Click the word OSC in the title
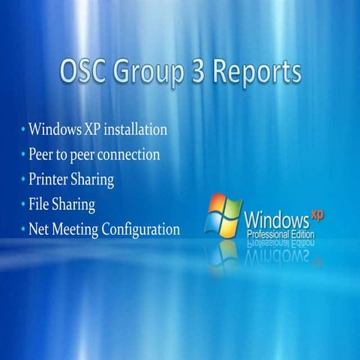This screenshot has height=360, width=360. click(x=86, y=73)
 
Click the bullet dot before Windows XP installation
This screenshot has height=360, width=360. click(x=23, y=130)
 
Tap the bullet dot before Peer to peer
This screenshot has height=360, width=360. click(x=23, y=154)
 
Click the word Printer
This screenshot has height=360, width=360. click(x=49, y=180)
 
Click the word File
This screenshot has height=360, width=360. click(x=40, y=204)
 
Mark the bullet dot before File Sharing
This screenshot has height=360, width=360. click(x=23, y=204)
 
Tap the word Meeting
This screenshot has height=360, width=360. click(x=77, y=229)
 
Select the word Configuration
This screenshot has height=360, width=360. click(x=142, y=229)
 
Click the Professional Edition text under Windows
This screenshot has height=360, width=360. click(x=281, y=235)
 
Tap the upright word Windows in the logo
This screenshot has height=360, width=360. click(x=276, y=222)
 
